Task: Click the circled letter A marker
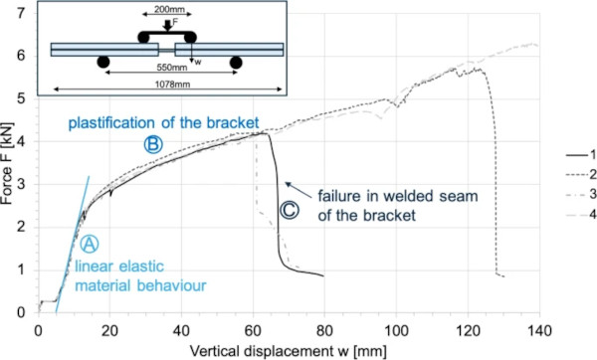point(89,243)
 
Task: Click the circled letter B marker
point(153,143)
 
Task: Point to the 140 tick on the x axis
point(536,327)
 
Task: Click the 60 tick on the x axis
point(252,327)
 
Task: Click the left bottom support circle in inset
point(102,63)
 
